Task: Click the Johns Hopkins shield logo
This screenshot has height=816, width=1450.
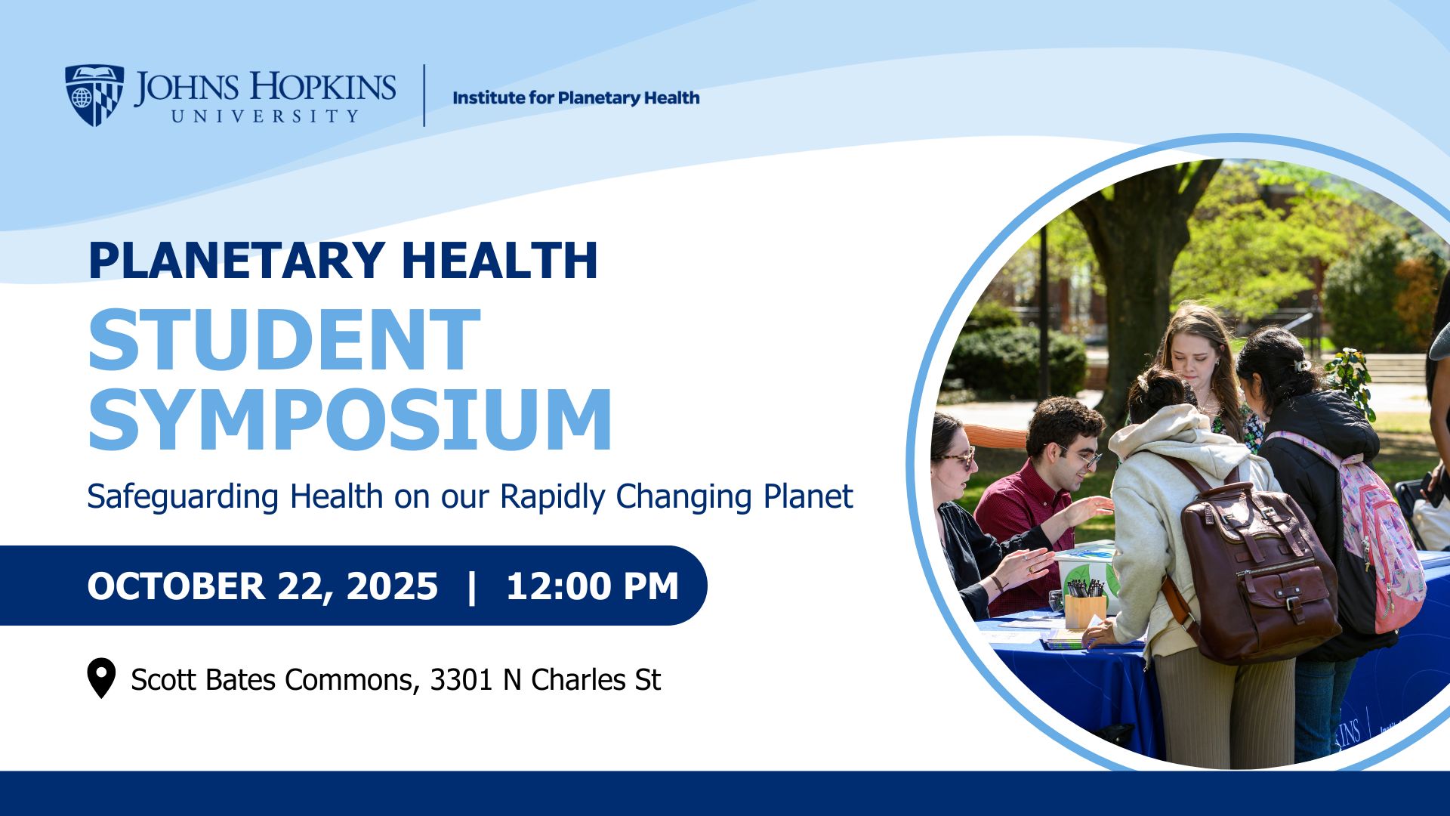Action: tap(94, 94)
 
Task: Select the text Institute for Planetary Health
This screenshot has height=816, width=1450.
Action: tap(575, 97)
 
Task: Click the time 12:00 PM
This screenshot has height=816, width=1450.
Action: tap(593, 586)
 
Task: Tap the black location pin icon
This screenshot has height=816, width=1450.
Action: tap(101, 678)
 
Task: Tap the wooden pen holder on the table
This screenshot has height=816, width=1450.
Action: tap(1085, 608)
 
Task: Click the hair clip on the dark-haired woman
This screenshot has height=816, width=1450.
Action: tap(1302, 366)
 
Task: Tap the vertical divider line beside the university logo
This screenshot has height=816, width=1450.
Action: tap(424, 95)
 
